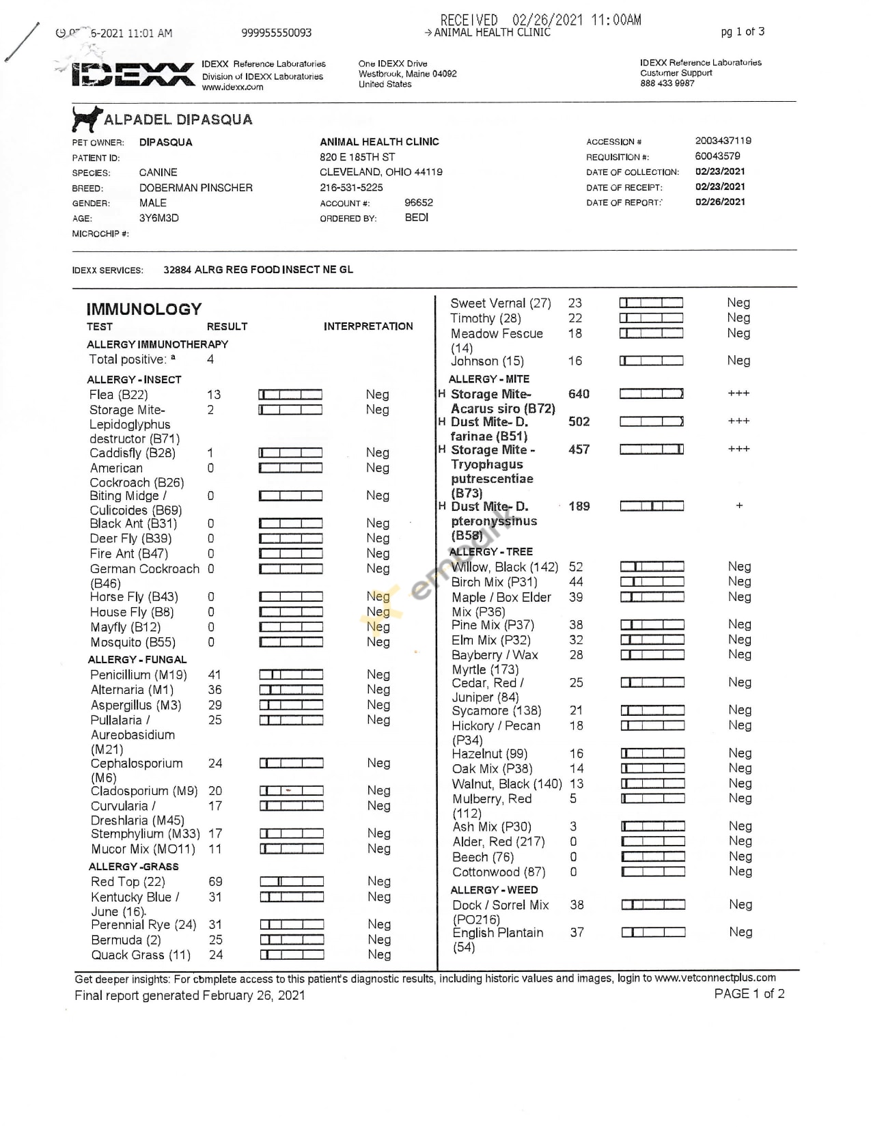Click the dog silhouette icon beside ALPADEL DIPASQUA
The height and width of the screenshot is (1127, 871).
pos(86,119)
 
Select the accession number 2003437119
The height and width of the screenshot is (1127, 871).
pos(723,141)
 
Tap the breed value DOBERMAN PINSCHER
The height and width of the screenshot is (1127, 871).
pos(195,188)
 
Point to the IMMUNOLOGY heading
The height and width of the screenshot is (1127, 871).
pos(143,309)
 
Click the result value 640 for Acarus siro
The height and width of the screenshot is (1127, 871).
pos(579,394)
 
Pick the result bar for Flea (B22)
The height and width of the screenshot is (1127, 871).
pos(290,395)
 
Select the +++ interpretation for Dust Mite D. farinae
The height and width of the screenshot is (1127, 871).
pos(738,421)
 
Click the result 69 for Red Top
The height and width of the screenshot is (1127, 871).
pos(215,882)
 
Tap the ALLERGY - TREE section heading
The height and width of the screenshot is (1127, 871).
pos(490,552)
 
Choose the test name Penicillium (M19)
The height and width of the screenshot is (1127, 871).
pos(139,675)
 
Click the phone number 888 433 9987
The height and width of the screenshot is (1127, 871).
pos(667,83)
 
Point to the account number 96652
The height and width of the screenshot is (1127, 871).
pos(418,203)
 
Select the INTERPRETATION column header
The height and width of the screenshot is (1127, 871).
pos(368,326)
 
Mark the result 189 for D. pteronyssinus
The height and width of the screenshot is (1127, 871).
pos(579,506)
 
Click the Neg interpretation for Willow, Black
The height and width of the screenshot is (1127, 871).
pos(739,566)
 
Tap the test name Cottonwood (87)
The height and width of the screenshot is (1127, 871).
pos(499,872)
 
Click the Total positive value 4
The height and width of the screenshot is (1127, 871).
pos(210,359)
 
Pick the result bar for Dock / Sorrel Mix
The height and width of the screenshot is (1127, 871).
pos(653,905)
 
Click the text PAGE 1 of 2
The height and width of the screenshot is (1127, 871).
pos(749,994)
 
